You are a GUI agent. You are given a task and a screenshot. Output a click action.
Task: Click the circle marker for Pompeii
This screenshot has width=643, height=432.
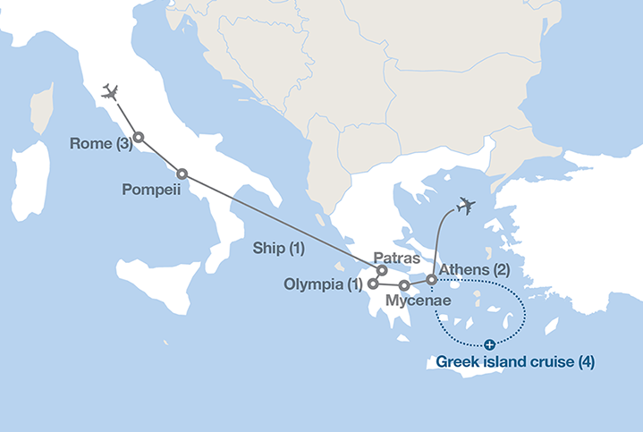click(182, 174)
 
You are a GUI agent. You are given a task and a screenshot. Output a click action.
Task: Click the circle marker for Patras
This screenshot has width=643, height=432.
click(382, 270)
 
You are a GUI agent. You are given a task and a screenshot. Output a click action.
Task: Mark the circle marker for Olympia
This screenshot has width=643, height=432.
click(373, 284)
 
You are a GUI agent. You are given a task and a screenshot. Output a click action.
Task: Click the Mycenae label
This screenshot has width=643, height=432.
click(417, 302)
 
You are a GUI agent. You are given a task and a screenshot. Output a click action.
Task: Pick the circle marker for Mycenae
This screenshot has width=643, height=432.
click(404, 286)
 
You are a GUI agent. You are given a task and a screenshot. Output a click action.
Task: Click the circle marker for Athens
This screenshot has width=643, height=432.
click(432, 280)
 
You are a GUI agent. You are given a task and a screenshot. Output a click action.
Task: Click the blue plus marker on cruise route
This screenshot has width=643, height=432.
click(489, 344)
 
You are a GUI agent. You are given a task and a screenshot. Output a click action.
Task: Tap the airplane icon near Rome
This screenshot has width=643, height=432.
click(111, 91)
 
